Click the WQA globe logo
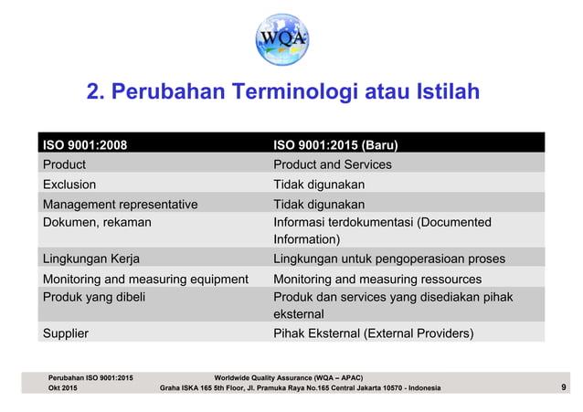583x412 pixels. (291, 38)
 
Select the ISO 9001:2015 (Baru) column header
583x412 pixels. (335, 144)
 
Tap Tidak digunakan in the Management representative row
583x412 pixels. (319, 204)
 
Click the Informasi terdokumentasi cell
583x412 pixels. (382, 230)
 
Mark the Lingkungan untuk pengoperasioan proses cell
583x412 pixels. (389, 259)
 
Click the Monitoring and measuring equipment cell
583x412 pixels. (146, 279)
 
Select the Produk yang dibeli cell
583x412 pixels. (93, 297)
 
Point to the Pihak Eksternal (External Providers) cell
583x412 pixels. (374, 333)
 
